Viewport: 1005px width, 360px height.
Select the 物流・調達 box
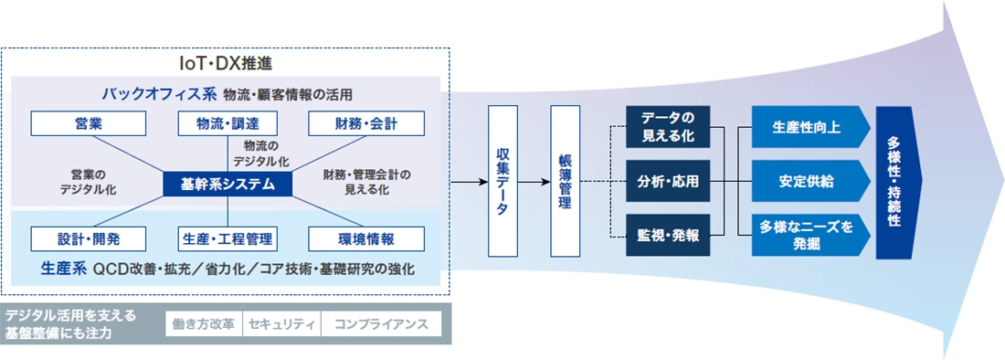(227, 122)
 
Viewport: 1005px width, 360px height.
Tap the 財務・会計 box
(365, 122)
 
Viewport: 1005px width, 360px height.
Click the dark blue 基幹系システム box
(227, 183)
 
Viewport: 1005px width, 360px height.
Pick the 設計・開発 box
(89, 238)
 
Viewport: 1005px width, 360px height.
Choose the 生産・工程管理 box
(227, 238)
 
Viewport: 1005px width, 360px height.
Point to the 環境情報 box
(365, 238)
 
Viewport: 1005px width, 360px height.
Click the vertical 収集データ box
(503, 182)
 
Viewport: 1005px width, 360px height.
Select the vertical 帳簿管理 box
(565, 182)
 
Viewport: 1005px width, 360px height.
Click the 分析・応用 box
(667, 182)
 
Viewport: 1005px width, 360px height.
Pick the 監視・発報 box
(667, 236)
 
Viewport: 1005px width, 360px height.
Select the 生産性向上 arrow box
(807, 128)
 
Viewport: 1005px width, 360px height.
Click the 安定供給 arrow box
(807, 180)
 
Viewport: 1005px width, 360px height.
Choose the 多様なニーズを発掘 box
(807, 236)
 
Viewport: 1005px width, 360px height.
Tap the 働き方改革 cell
(203, 324)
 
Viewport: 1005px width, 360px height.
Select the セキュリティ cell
(281, 324)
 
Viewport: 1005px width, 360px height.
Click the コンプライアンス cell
(380, 324)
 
